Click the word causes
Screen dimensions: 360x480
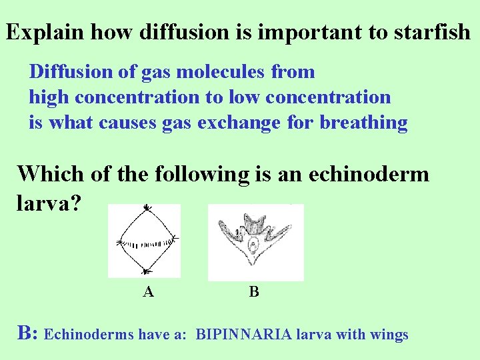pyautogui.click(x=127, y=123)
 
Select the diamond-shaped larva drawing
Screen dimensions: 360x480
pyautogui.click(x=145, y=240)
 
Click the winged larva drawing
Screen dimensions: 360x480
pyautogui.click(x=255, y=241)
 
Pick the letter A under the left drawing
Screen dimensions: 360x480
pyautogui.click(x=149, y=291)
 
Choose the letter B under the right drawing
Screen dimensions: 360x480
pyautogui.click(x=254, y=291)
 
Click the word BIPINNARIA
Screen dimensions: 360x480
pyautogui.click(x=244, y=335)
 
